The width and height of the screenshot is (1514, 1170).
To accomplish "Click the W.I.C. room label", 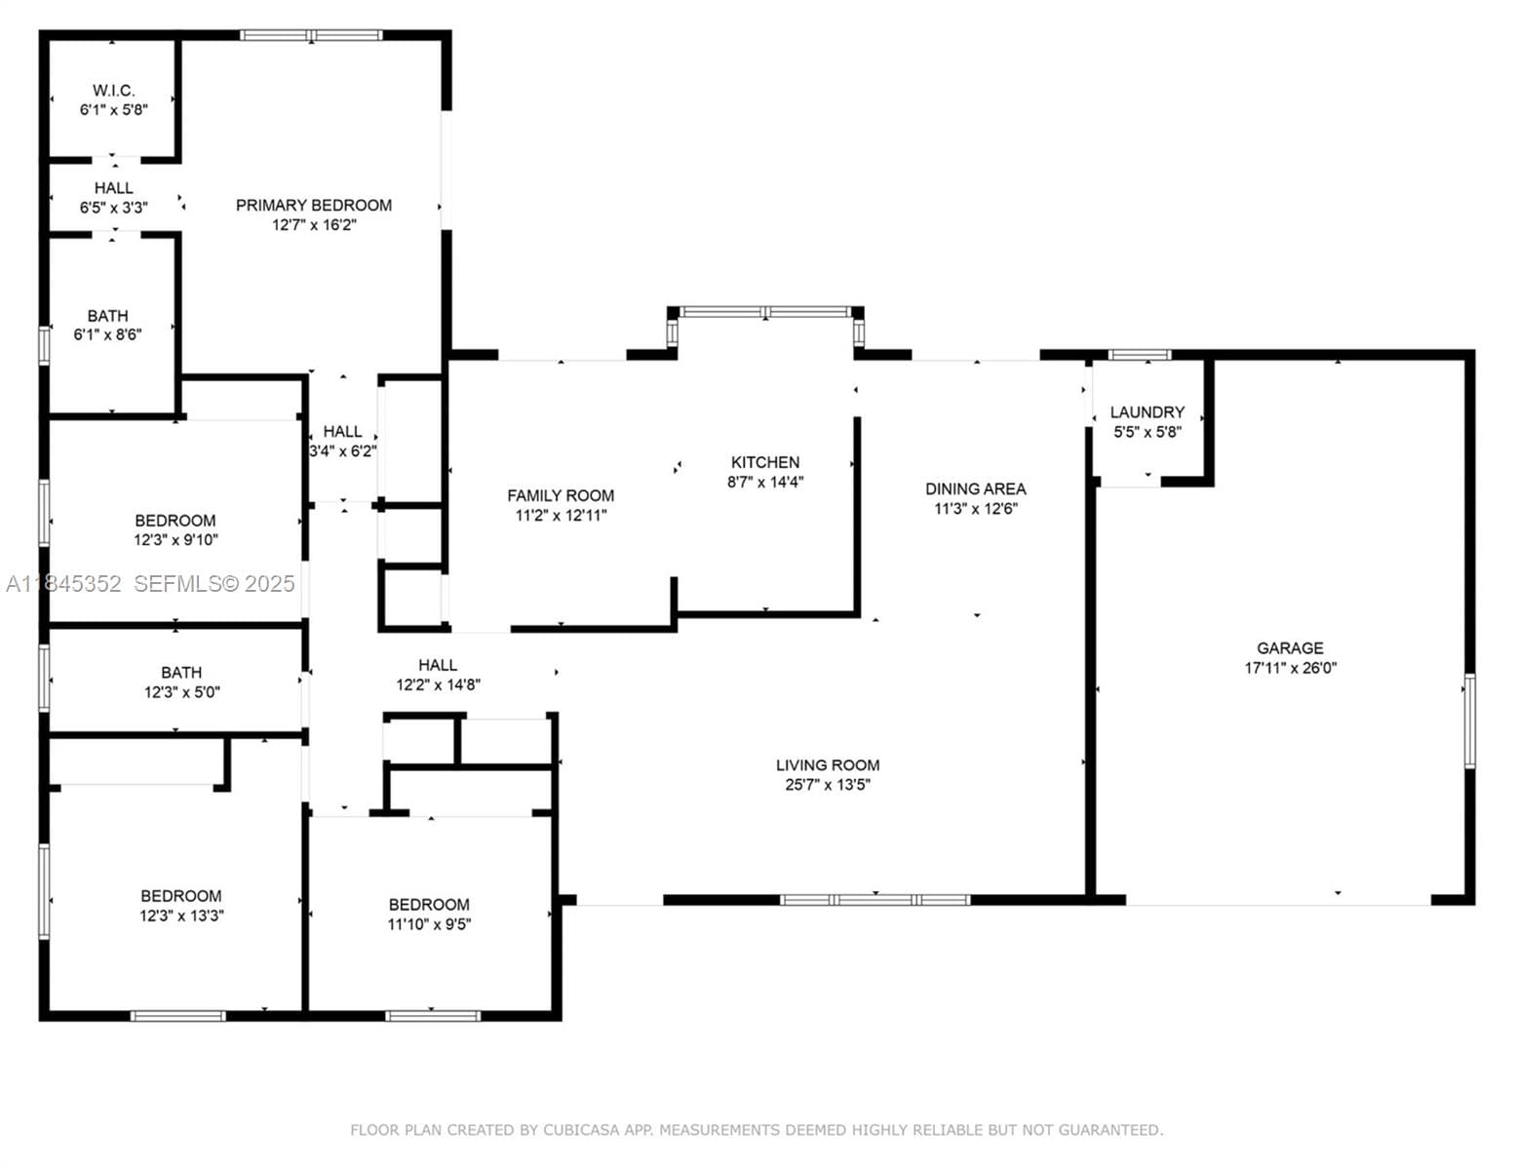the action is click(x=113, y=91).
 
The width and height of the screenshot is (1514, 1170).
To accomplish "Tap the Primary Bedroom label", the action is click(x=314, y=205).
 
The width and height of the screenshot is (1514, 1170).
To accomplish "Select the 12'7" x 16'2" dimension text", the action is click(x=314, y=224).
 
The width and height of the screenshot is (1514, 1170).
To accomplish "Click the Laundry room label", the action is click(x=1146, y=411).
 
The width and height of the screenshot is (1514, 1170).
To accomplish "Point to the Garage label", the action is click(x=1290, y=648).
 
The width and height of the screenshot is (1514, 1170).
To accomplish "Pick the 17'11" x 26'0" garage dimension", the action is click(x=1291, y=668).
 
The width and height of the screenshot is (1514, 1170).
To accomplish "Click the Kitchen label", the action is click(x=765, y=462).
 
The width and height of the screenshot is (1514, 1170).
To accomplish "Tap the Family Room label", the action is click(x=561, y=495).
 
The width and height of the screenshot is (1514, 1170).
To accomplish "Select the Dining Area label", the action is click(x=976, y=488).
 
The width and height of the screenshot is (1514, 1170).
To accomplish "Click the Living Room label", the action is click(x=828, y=764).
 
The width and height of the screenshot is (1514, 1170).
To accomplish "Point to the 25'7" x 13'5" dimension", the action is click(x=828, y=784).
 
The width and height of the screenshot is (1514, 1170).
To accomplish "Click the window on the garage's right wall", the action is click(x=1469, y=721).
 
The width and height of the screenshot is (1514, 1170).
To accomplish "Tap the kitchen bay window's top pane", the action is click(x=765, y=312).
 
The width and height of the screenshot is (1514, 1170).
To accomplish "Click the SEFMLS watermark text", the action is click(x=214, y=584).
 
